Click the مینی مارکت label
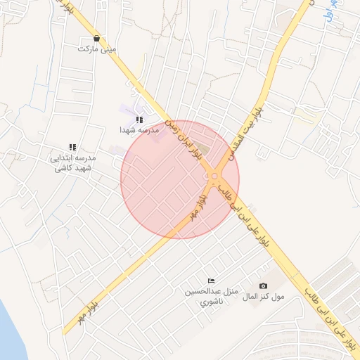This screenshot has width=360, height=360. point(98,50)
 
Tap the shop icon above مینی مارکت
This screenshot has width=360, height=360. point(96,39)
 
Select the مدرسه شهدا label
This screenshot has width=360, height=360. point(135,130)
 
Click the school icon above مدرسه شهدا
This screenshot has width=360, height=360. point(139,120)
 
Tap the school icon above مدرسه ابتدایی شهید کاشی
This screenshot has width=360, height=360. point(72,147)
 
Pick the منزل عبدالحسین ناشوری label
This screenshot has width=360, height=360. point(212,296)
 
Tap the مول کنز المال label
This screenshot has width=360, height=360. point(264,297)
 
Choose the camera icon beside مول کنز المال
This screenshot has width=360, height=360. point(263,285)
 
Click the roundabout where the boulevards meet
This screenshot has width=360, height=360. point(213,176)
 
